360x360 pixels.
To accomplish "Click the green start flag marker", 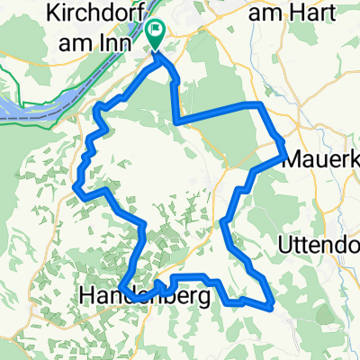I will pos(155,35).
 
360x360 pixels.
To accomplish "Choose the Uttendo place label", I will pos(318,244).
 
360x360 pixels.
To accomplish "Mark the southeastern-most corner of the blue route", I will pos(271,307).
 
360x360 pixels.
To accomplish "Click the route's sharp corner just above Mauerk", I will pos(283,143).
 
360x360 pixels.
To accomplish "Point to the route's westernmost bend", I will pos(76,191).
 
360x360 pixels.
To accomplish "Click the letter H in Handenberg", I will pos(87,294).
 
